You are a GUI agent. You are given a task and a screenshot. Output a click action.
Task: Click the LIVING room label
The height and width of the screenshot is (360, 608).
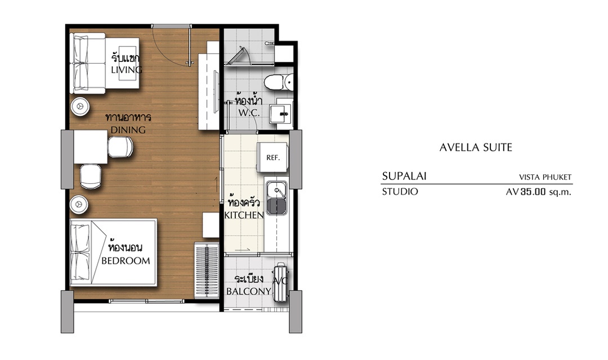127,70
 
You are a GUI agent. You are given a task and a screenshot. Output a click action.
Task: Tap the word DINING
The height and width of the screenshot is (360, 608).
128,130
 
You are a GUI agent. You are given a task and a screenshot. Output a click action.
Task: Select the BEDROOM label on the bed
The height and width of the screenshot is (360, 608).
126,261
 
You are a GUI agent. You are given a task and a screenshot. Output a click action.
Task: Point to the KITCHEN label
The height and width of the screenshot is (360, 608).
244,215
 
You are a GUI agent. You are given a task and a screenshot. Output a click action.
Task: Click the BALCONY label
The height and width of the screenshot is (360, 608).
249,291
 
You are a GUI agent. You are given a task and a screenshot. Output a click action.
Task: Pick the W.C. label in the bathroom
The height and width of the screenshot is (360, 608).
249,112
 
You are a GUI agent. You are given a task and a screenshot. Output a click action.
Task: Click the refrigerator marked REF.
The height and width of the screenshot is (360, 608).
272,157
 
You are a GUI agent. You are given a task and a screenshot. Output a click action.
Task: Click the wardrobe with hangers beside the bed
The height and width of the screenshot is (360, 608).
207,270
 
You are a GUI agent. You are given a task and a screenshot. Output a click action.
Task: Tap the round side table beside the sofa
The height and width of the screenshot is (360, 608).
81,105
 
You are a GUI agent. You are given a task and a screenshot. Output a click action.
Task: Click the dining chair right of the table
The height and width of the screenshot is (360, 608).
120,147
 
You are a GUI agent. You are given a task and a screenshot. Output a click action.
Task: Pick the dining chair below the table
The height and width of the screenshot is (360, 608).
91,177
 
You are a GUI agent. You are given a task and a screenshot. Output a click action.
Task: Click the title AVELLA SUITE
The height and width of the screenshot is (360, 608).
476,147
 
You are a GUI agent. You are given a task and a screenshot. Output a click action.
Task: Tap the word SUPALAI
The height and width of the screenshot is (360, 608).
404,176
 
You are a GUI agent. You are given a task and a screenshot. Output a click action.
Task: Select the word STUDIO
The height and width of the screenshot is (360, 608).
400,191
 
